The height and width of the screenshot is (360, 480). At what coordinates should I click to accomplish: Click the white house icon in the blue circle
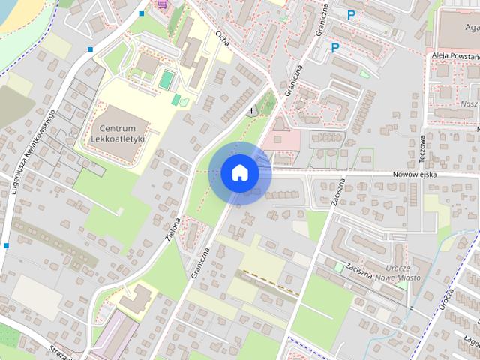[239, 173]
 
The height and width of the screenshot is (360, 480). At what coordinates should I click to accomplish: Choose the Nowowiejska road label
[414, 175]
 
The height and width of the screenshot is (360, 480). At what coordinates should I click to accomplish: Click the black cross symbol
[251, 112]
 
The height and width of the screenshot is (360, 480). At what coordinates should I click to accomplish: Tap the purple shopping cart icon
[161, 3]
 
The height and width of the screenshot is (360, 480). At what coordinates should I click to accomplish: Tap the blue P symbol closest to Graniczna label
[335, 48]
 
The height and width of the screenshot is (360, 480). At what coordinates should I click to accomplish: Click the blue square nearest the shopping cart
[141, 14]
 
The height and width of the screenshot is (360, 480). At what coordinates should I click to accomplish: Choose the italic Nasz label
[470, 103]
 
